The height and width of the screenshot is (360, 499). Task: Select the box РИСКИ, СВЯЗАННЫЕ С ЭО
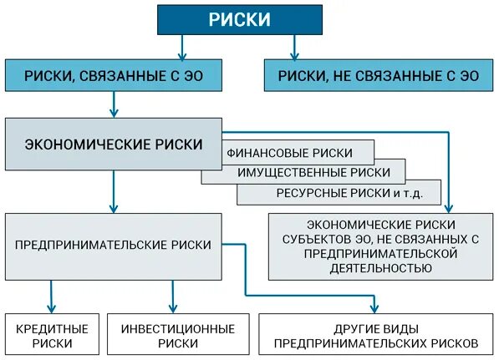pos(115,75)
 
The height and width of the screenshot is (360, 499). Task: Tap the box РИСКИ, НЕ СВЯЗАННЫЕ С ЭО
pos(379,75)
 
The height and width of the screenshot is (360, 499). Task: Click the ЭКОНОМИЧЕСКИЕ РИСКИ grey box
pos(114,144)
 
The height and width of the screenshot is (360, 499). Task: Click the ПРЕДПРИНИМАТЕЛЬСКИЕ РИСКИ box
pos(114,246)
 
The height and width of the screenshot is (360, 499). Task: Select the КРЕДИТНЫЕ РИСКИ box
pos(52,335)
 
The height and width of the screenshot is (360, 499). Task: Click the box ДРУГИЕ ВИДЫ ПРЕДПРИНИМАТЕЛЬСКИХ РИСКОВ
pos(376,335)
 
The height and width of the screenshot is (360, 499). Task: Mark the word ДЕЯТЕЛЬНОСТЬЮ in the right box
pos(380,268)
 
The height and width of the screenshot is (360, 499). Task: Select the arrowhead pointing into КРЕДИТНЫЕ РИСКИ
pos(52,308)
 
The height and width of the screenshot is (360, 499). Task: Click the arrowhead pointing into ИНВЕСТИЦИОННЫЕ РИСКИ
pos(174,308)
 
